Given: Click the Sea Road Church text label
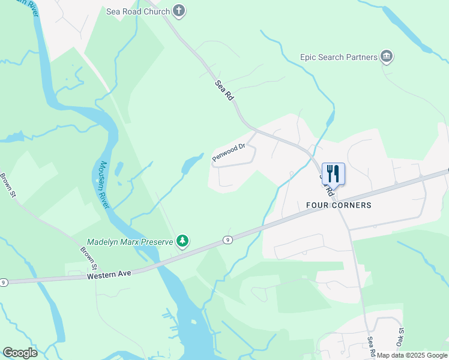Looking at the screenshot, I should click(x=138, y=11).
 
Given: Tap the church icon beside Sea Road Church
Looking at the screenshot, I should click(x=179, y=10).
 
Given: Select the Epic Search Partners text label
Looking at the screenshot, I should click(x=339, y=58).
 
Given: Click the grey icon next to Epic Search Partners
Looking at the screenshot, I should click(x=387, y=57).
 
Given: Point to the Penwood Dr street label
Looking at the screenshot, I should click(x=229, y=152).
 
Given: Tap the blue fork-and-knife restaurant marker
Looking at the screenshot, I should click(x=333, y=174).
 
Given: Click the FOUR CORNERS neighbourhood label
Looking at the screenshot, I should click(x=339, y=205).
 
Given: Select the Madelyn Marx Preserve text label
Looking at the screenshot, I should click(x=130, y=242).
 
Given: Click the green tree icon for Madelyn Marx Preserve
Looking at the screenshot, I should click(x=182, y=241).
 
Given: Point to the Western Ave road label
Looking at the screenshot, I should click(x=109, y=276).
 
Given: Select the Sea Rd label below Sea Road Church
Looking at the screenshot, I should click(x=223, y=91).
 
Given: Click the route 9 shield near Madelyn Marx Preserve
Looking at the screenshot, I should click(x=228, y=239).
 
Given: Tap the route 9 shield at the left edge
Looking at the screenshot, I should click(x=4, y=282).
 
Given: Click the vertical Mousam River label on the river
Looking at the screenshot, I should click(x=104, y=185).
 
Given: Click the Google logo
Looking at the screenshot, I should click(x=20, y=353).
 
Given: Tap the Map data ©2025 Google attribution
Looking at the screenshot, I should click(x=412, y=355).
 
